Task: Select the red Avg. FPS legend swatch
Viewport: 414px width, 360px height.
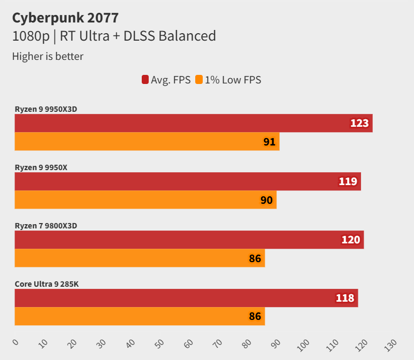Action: coord(145,80)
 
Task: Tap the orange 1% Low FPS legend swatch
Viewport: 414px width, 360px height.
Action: coord(199,80)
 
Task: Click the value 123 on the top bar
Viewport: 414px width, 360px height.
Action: coord(359,124)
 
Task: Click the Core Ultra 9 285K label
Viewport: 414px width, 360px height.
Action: coord(47,284)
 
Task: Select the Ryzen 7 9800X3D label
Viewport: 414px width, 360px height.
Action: coord(46,226)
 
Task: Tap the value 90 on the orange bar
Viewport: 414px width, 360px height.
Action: coord(266,201)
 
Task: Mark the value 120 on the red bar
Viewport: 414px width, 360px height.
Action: coord(351,240)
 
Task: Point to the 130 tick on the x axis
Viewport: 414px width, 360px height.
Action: coord(390,344)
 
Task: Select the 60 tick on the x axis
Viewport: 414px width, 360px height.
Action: coord(188,343)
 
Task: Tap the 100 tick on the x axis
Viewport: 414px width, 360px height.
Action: coord(303,344)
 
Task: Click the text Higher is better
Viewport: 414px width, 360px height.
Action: coord(48,56)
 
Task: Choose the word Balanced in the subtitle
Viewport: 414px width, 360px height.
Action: coord(185,36)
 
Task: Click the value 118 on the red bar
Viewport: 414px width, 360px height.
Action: coord(345,298)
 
